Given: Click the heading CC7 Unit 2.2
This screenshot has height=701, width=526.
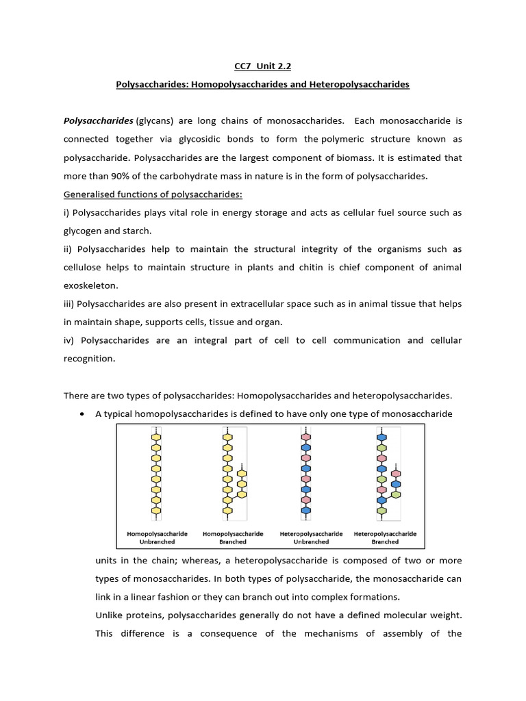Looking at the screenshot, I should coord(262,66).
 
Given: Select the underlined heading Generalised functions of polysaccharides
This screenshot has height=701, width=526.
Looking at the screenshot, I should coord(153,194).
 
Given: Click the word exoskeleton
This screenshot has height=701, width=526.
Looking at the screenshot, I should coord(91,285).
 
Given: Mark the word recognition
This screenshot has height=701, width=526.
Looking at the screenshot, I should coord(90,359).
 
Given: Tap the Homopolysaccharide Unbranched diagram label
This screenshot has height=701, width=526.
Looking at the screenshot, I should coord(157,537).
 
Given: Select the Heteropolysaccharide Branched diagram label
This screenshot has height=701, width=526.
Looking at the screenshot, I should coord(385,537).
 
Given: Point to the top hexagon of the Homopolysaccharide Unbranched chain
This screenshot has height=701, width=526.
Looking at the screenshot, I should coord(156,437).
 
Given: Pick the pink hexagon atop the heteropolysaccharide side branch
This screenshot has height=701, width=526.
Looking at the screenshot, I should coord(396,474).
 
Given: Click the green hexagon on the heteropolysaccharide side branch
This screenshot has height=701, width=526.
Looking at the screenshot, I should coord(396,494).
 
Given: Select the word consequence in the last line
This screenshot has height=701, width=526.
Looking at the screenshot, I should coord(221,633).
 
